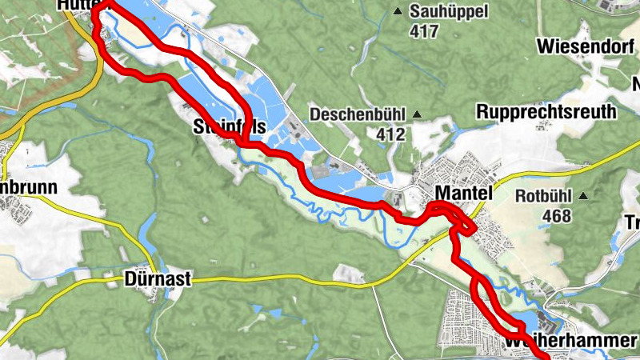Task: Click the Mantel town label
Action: tap(463, 193)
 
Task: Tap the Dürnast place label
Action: tap(158, 279)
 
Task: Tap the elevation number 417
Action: tap(424, 31)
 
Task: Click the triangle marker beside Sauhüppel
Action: tap(398, 11)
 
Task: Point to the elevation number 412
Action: tap(390, 134)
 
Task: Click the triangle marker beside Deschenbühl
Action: tap(417, 114)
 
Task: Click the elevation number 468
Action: tap(556, 216)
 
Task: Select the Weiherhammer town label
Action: tap(570, 342)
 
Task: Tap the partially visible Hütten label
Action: tap(77, 5)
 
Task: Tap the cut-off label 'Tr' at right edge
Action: tap(631, 223)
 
